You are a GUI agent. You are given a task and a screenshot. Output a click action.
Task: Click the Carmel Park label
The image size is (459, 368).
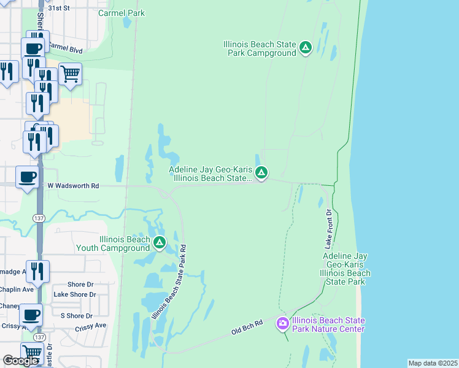point(121,12)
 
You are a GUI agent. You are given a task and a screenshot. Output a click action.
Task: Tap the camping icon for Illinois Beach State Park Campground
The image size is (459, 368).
point(306,47)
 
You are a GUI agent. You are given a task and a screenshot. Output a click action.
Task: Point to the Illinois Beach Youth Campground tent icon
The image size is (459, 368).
point(159,243)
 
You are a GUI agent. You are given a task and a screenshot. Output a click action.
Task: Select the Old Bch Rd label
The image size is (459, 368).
point(247,327)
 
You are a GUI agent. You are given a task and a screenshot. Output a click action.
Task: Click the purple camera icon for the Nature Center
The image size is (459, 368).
point(283,323)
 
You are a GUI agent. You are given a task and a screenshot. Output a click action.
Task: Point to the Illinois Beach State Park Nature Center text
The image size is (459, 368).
point(328,324)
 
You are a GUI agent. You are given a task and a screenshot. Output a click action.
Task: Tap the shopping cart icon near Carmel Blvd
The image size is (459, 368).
point(70,74)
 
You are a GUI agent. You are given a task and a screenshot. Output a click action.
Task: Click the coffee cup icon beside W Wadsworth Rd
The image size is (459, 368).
point(26,177)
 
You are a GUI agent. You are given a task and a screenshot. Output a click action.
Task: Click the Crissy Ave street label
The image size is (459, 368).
point(91,326)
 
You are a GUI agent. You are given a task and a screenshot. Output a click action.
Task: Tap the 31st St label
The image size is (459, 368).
point(60,9)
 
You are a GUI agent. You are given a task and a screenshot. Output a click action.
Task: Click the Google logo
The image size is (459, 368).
point(20,361)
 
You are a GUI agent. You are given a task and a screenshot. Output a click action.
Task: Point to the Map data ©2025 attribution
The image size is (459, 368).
point(433,363)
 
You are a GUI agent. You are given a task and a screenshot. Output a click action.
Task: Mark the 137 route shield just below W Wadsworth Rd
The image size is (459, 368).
point(39,218)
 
